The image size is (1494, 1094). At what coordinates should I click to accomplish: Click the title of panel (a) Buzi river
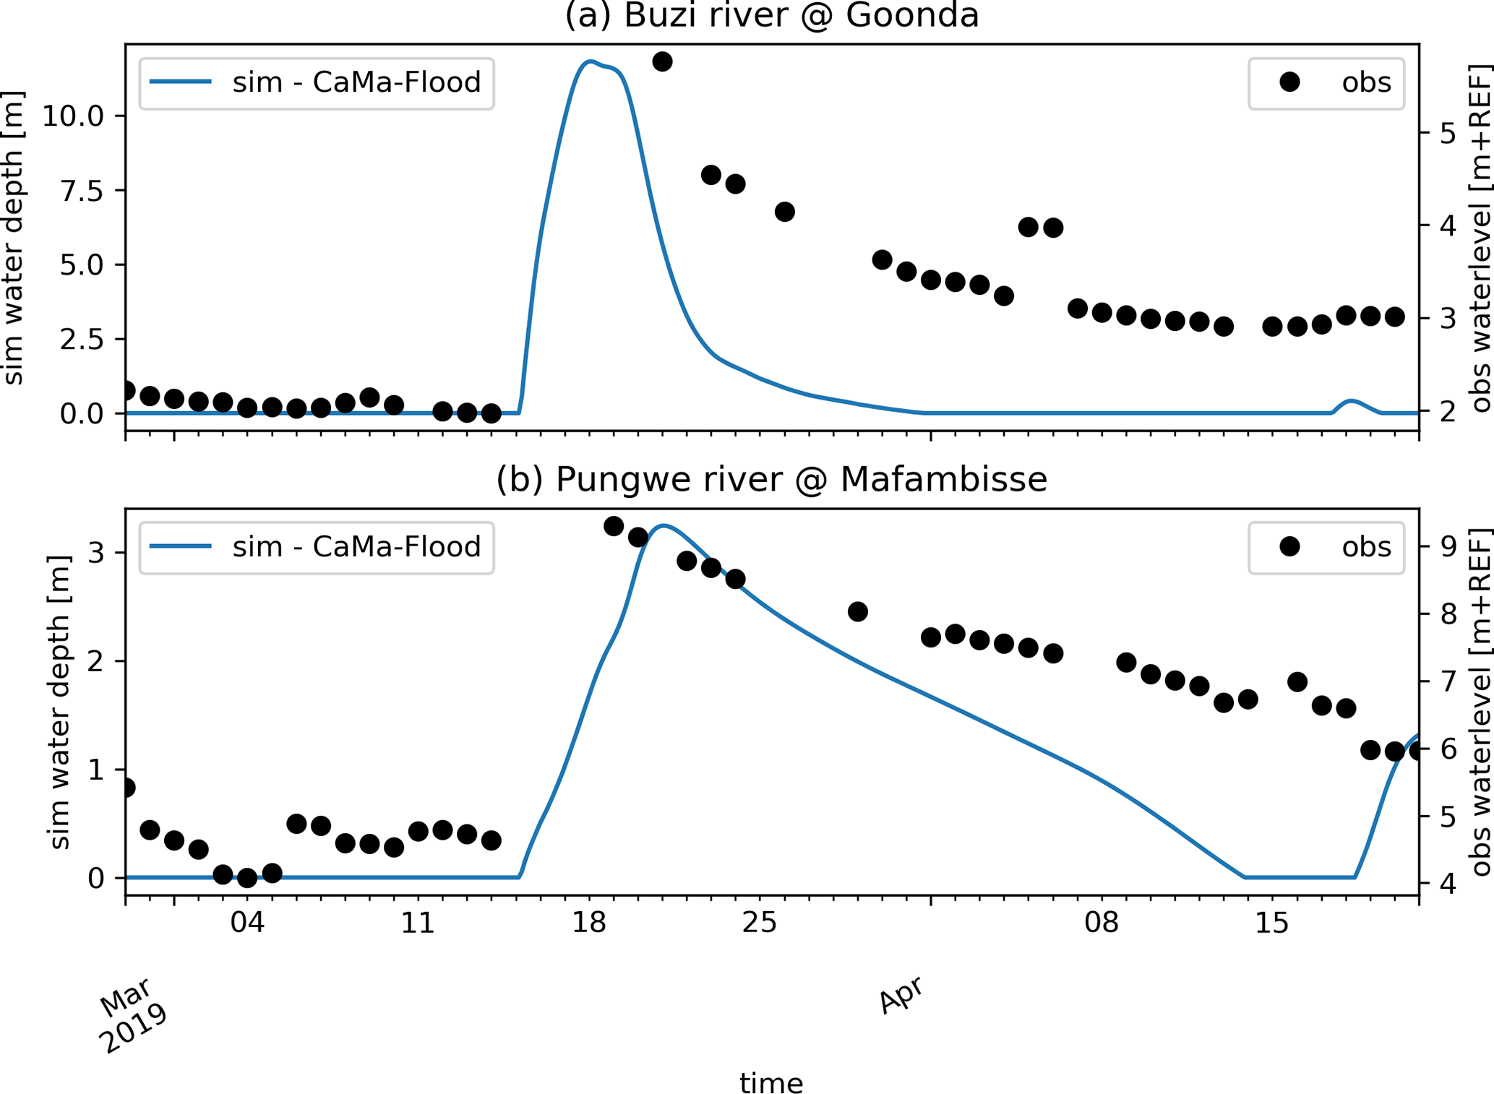tap(771, 16)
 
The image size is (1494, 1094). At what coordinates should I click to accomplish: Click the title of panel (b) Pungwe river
tap(771, 480)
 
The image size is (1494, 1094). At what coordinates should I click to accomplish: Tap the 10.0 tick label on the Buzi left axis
tap(73, 116)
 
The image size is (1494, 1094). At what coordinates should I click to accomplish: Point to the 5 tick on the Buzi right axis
tap(1448, 133)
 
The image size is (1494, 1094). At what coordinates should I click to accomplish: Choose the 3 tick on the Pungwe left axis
tap(96, 553)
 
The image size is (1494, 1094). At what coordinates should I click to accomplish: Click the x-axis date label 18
tap(588, 923)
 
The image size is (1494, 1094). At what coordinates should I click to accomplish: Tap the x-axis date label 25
tap(760, 923)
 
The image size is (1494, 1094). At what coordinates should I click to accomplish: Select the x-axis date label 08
tap(1102, 923)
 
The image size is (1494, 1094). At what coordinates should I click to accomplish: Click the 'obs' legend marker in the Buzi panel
tap(1289, 82)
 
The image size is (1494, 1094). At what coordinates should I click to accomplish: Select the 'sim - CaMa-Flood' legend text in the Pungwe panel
tap(356, 547)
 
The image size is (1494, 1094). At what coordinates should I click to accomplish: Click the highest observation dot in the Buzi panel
tap(662, 61)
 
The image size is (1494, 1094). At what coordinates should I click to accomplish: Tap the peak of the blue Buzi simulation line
tap(591, 61)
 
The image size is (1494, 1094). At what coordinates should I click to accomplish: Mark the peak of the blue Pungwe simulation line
tap(664, 525)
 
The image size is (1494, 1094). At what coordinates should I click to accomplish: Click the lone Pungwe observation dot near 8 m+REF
tap(857, 612)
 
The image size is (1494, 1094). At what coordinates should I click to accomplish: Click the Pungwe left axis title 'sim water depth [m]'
tap(61, 702)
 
